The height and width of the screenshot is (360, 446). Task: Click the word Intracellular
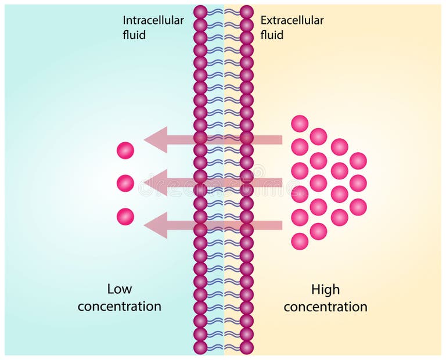(x=153, y=20)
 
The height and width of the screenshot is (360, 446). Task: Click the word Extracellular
(x=292, y=20)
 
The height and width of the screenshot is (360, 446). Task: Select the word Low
(x=119, y=289)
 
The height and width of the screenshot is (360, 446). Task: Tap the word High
(x=325, y=289)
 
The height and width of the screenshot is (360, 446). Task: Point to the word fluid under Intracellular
(x=134, y=35)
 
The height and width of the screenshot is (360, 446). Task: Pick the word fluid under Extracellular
(x=272, y=35)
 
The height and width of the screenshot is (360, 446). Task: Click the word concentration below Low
(x=119, y=306)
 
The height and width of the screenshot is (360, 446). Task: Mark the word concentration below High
(x=325, y=307)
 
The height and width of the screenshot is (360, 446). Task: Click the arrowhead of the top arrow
(x=156, y=139)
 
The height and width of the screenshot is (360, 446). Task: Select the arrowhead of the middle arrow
(x=156, y=182)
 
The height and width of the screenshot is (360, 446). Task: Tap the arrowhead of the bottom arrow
(x=156, y=225)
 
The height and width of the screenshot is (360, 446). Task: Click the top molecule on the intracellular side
(x=125, y=150)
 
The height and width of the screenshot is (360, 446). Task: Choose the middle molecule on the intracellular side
(x=125, y=183)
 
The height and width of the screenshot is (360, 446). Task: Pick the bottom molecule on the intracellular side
(x=125, y=217)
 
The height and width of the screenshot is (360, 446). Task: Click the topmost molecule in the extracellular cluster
(x=300, y=124)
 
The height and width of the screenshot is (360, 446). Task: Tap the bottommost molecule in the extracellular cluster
(x=300, y=241)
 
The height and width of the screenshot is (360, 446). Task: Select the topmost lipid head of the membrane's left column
(x=200, y=12)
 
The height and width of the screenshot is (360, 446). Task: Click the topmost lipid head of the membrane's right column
(x=247, y=12)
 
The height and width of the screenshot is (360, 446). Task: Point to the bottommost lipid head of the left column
(x=200, y=347)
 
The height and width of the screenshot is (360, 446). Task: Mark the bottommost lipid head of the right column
(x=247, y=347)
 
